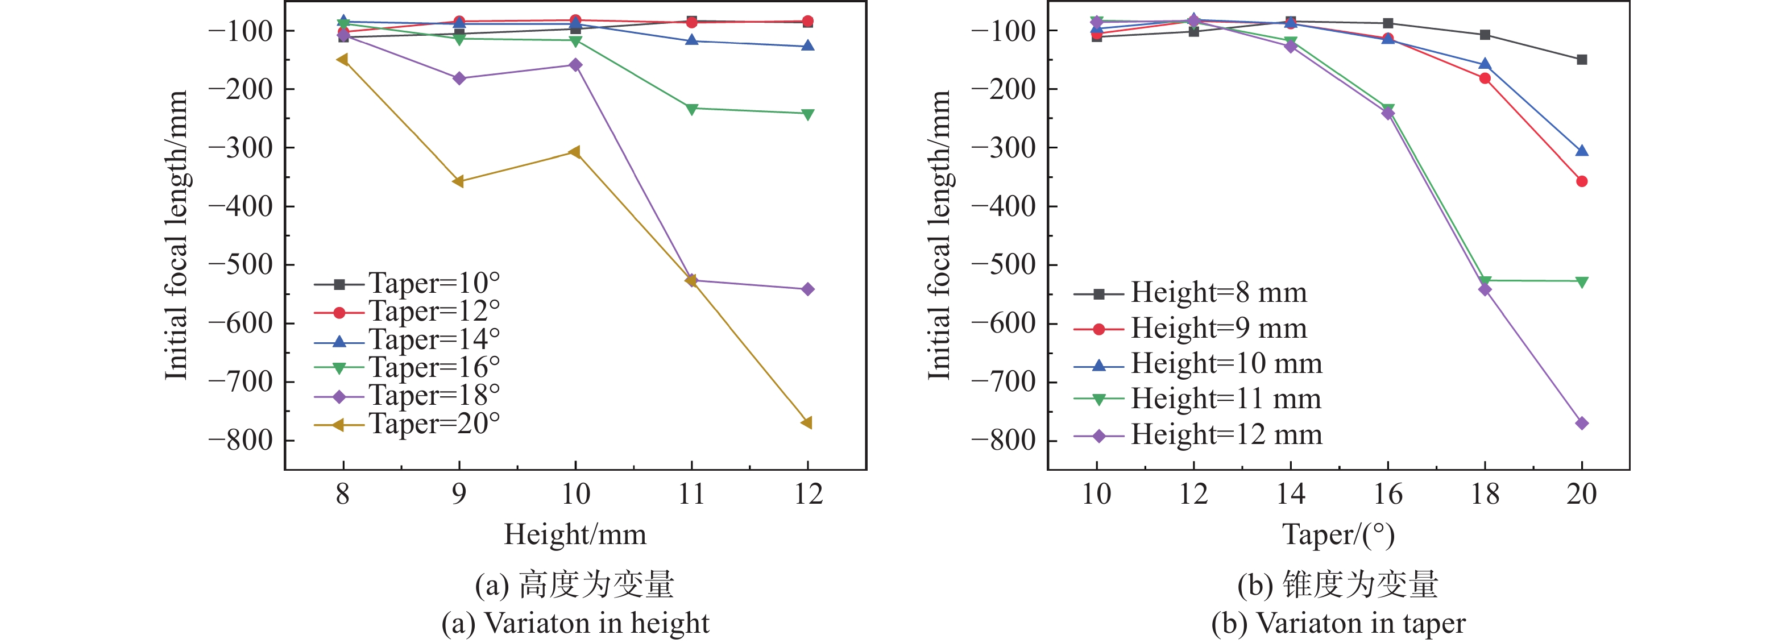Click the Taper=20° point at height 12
click(x=806, y=422)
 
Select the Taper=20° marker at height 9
click(x=458, y=181)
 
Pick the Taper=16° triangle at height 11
click(x=691, y=109)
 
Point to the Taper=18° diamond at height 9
click(x=459, y=78)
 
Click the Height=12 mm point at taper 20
click(x=1582, y=424)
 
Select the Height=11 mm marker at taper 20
click(x=1582, y=281)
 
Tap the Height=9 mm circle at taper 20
click(x=1582, y=181)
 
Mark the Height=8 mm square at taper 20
click(x=1582, y=60)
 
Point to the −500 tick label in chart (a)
click(x=241, y=265)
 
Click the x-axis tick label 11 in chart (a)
click(x=691, y=494)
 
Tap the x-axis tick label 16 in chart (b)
click(x=1388, y=494)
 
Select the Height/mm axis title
click(x=575, y=534)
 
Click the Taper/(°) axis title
click(x=1338, y=534)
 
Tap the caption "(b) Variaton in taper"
click(x=1338, y=623)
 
